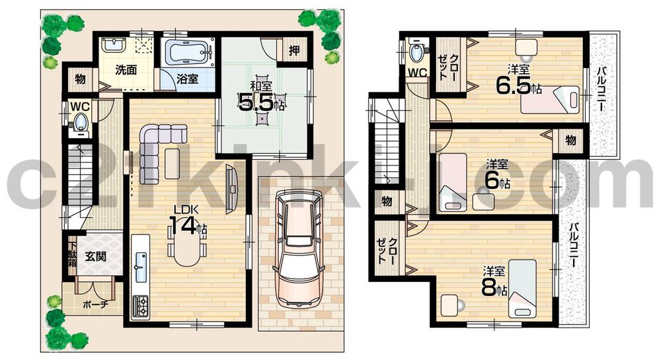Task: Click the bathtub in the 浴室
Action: pos(188,52)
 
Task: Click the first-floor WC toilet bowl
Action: pos(80,122)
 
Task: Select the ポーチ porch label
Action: pos(92,305)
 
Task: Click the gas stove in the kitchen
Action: pos(141,305)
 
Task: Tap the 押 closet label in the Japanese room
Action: pos(293,50)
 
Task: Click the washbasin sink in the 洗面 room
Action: pos(114,46)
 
